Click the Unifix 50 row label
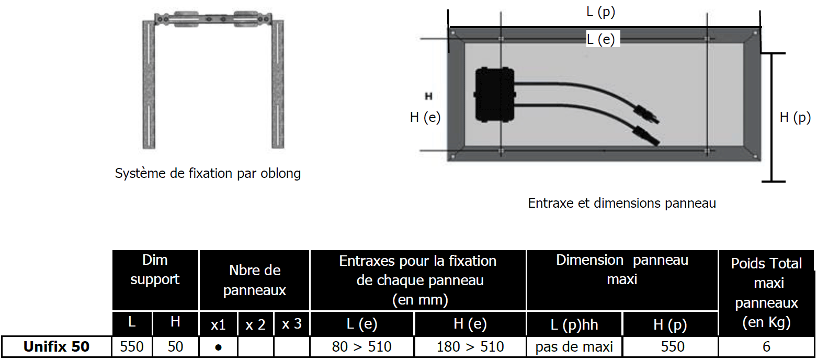[56, 346]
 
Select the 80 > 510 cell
[362, 346]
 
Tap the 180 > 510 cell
[470, 346]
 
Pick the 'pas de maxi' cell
[574, 346]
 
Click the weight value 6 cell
[766, 346]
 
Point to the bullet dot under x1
[219, 347]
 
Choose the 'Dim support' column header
[155, 270]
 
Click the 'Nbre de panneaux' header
[255, 280]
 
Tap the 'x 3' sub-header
[292, 324]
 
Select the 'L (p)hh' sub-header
[574, 324]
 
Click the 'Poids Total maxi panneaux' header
[766, 293]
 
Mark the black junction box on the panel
[495, 95]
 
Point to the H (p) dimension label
[795, 117]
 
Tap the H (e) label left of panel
[425, 117]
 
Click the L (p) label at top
[600, 12]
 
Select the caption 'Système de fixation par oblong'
[208, 173]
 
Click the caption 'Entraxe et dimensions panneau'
[622, 203]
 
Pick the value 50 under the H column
[175, 346]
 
